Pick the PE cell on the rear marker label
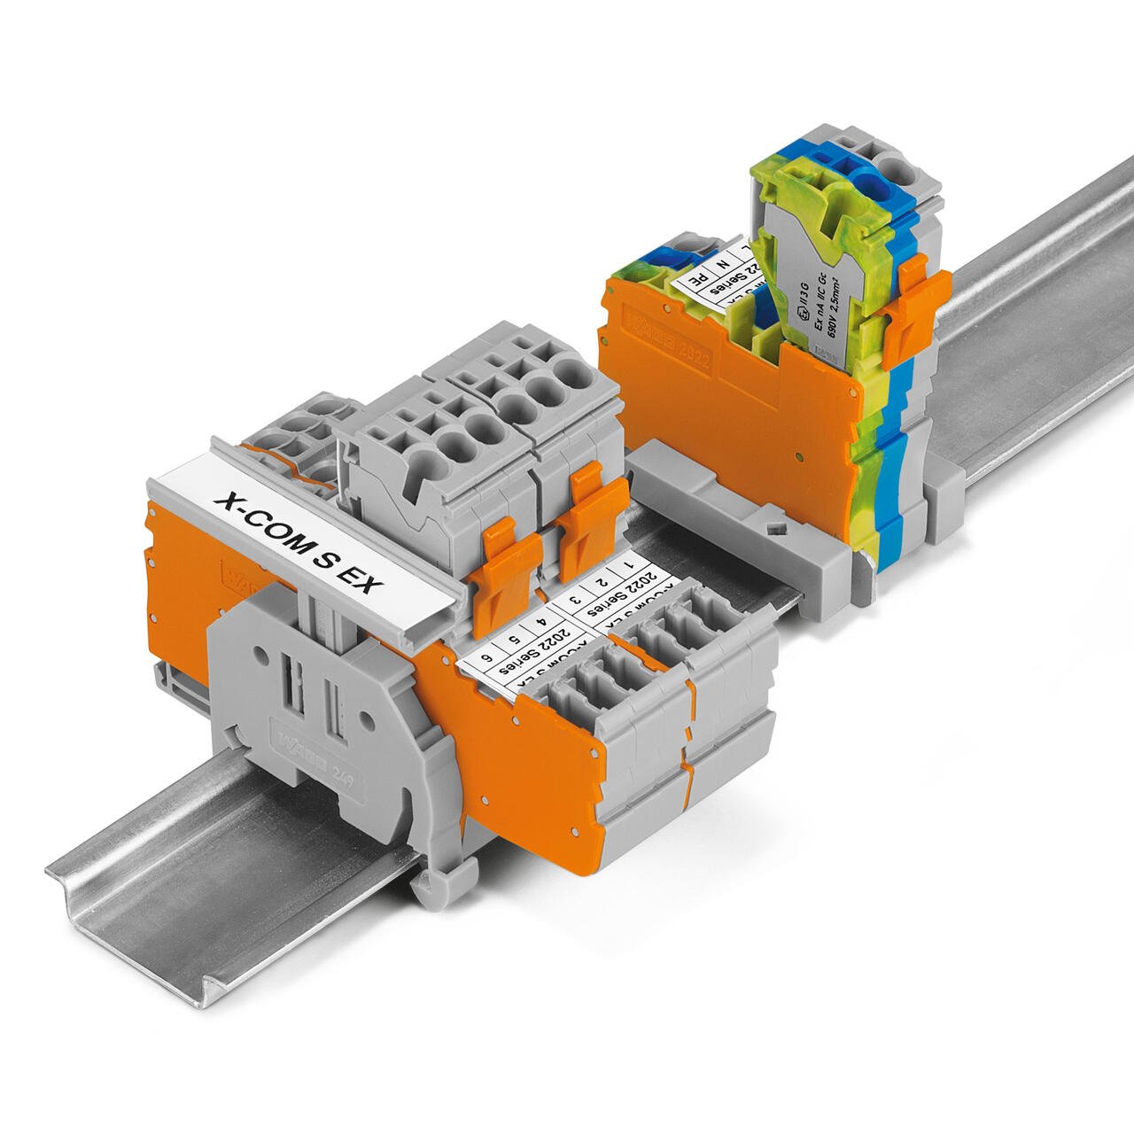click(x=699, y=276)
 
